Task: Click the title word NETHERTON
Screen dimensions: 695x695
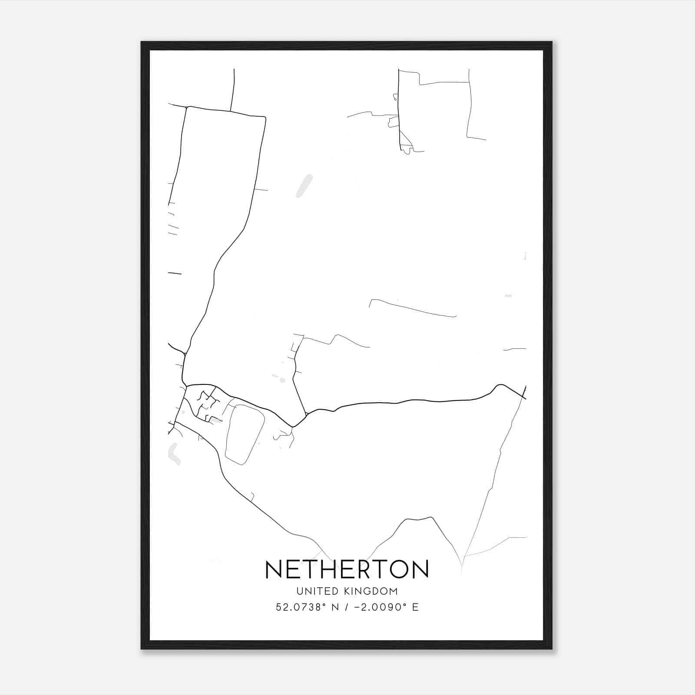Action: (347, 569)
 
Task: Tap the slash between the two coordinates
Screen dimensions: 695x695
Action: (346, 607)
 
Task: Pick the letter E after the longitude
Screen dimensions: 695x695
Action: (416, 607)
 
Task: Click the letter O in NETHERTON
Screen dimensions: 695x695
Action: (395, 569)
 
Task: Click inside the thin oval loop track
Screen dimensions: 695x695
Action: (245, 434)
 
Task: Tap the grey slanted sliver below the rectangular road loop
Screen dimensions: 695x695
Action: (304, 185)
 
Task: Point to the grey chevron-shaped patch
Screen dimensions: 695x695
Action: (173, 454)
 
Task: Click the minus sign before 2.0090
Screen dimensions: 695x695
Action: (357, 607)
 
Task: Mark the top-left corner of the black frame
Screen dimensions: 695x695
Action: (142, 42)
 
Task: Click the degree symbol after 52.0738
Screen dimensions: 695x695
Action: (324, 604)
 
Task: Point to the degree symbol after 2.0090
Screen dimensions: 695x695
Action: (404, 604)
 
